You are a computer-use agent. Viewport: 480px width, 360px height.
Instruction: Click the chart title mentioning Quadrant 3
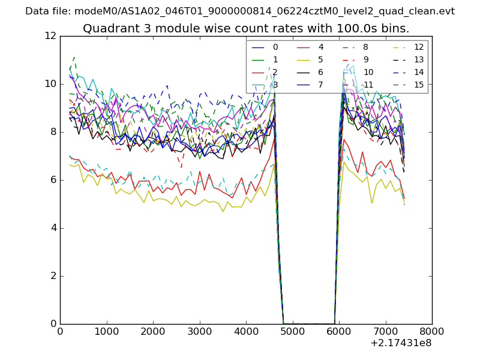click(246, 28)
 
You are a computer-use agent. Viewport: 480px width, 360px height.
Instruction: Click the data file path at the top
click(240, 11)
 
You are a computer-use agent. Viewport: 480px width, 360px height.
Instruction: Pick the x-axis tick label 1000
click(106, 331)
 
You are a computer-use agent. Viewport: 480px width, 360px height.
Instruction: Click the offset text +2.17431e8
click(401, 343)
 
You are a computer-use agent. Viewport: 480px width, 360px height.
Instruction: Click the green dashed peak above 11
click(74, 57)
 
